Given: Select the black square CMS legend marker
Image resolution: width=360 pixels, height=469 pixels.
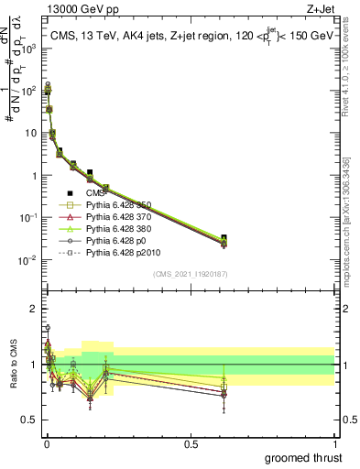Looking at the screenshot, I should coord(70,192).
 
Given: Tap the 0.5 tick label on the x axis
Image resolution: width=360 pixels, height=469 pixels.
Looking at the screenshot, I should coord(191,443).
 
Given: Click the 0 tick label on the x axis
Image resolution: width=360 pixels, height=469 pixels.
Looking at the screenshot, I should coord(47,443).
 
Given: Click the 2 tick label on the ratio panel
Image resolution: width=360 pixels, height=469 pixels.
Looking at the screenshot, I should coord(32,307).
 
